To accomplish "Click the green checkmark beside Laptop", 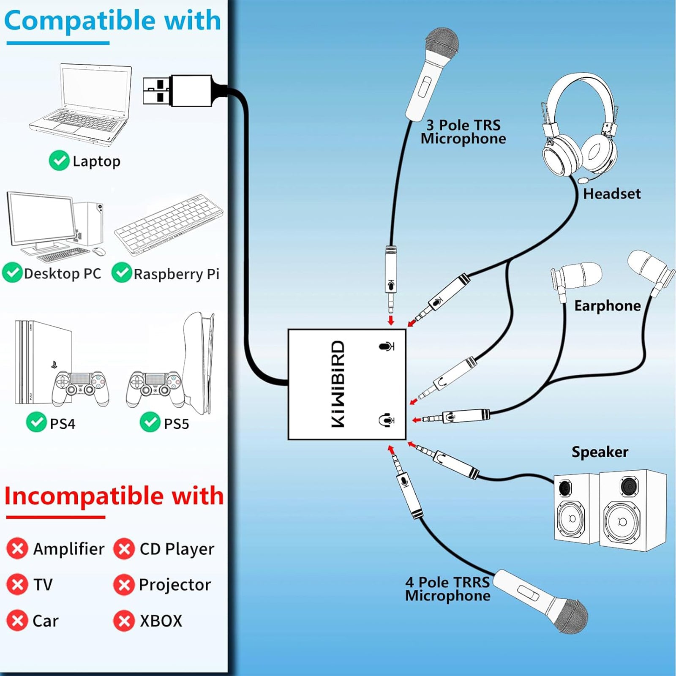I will click(59, 161).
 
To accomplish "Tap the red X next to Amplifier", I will click(17, 549).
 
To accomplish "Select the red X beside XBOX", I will click(124, 621).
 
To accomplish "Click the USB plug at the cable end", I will click(177, 90).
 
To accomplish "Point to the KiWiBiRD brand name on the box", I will click(338, 384).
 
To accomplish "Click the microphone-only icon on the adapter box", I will click(386, 347).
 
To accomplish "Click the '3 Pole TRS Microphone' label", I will click(463, 132).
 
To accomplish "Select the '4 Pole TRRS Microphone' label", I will click(448, 589).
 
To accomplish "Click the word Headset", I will click(612, 194).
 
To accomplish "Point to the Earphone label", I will click(607, 306).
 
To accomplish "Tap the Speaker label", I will click(600, 452).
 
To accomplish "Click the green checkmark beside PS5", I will click(150, 422).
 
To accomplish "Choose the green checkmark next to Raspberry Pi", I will click(122, 273).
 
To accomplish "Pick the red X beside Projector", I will click(124, 585).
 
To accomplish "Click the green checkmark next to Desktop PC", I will click(13, 273).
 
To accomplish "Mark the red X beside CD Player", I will click(124, 549).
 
